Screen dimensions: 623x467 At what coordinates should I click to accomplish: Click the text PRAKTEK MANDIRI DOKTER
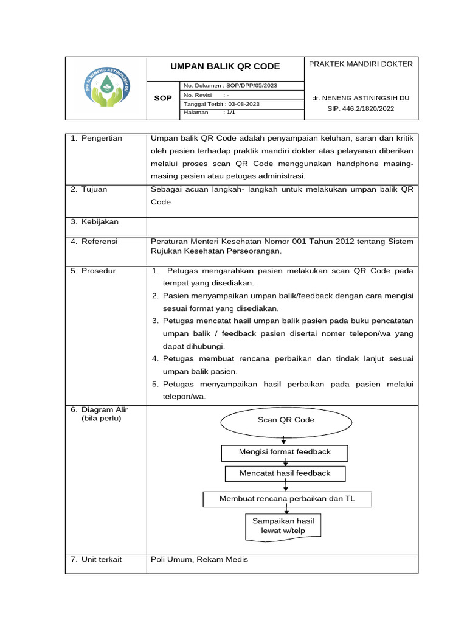point(361,64)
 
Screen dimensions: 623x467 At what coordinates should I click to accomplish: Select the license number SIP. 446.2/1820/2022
point(361,109)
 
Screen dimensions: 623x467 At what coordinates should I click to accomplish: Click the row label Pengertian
point(102,138)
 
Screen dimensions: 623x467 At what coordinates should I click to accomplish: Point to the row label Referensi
point(100,242)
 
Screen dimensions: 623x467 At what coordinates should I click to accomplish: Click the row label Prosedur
point(99,271)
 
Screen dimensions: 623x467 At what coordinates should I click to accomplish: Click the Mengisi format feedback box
point(285,452)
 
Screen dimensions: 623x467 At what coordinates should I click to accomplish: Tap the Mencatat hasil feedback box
point(285,473)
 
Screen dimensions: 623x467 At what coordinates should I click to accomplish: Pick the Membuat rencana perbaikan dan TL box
point(286,499)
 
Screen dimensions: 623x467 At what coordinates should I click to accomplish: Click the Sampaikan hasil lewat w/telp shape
point(283,526)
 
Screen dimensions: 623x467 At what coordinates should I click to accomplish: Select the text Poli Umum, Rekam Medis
point(199,559)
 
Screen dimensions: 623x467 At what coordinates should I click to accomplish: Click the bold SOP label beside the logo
point(163,98)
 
